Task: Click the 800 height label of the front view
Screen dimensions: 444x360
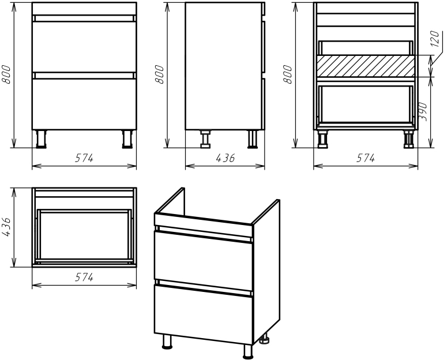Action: [6, 74]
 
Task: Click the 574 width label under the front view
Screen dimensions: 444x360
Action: [84, 157]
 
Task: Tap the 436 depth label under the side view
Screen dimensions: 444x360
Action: [225, 157]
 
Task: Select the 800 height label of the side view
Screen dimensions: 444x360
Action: [159, 74]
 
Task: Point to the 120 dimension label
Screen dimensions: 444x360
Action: [435, 39]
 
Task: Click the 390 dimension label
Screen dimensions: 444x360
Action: [423, 111]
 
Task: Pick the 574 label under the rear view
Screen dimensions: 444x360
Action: [366, 157]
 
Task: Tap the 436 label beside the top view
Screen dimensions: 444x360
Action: [6, 227]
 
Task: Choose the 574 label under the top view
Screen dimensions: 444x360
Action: [84, 277]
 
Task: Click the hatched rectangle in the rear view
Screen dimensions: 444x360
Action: [366, 66]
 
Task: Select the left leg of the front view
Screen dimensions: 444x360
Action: [42, 139]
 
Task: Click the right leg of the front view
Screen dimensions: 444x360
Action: [127, 139]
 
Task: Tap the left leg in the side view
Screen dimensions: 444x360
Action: [205, 139]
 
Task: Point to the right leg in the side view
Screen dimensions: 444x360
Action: [253, 139]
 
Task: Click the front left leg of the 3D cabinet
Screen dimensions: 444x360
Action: [167, 342]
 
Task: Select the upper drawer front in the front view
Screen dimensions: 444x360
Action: [84, 47]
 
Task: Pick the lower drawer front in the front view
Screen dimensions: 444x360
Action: [84, 104]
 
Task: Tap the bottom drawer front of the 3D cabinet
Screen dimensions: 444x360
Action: [203, 314]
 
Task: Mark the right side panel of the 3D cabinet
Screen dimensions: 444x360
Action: [266, 271]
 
